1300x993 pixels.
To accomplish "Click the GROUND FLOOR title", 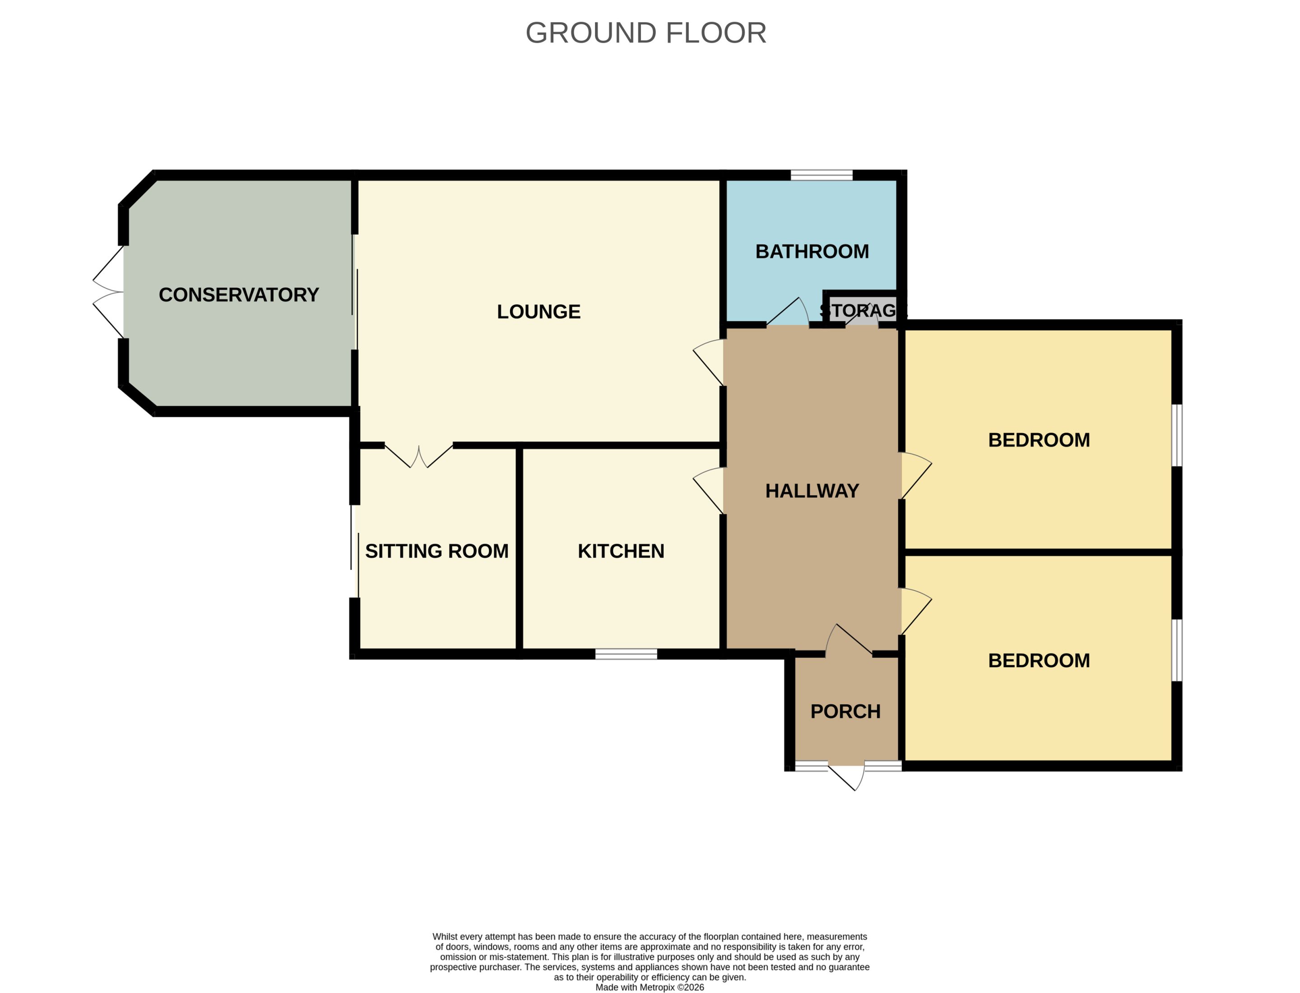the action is click(x=646, y=33).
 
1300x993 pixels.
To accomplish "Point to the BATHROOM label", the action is click(x=812, y=251).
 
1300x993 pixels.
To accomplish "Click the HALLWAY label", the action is click(x=812, y=490).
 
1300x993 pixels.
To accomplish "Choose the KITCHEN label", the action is click(x=621, y=551).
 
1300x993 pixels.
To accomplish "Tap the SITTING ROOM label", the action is click(x=437, y=551).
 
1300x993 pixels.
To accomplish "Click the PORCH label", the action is click(x=846, y=711).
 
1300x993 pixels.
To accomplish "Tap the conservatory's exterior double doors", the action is click(x=109, y=292).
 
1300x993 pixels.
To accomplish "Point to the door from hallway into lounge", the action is click(x=709, y=362).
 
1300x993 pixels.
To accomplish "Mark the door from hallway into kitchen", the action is click(x=709, y=490).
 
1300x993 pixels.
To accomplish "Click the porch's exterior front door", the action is click(x=847, y=778).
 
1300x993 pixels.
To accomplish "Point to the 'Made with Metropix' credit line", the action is click(x=650, y=987).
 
